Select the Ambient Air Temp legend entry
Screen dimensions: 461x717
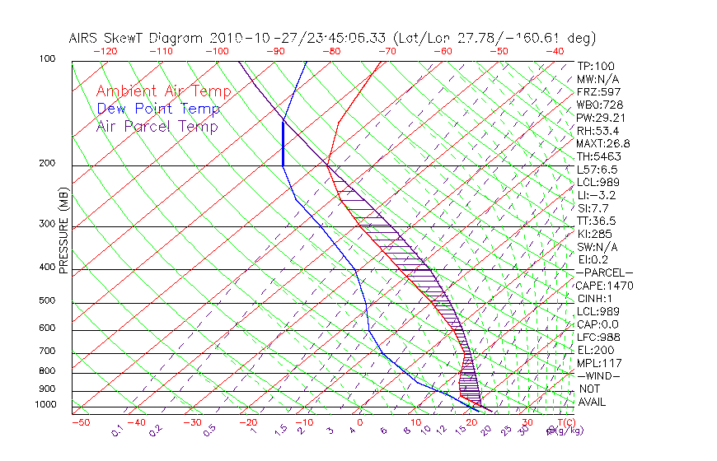(163, 91)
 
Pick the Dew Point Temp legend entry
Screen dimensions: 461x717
(157, 109)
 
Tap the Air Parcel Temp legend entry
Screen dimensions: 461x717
(157, 126)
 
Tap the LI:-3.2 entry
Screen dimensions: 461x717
(596, 195)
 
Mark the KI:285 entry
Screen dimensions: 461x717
(593, 234)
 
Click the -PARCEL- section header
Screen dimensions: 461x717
(604, 272)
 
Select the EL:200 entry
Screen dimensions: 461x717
(593, 350)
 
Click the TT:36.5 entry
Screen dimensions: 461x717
(596, 221)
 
